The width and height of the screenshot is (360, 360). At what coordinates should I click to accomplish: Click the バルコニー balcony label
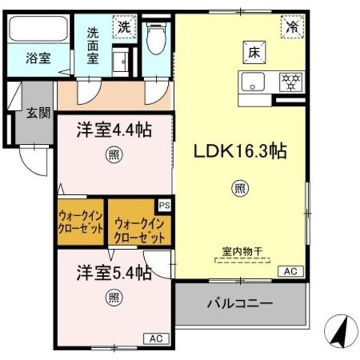click(239, 305)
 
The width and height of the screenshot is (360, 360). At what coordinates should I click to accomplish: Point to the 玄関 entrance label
click(40, 113)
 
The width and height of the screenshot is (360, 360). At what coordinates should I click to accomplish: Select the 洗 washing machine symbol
click(124, 25)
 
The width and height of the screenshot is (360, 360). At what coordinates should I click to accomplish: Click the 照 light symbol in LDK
click(240, 187)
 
